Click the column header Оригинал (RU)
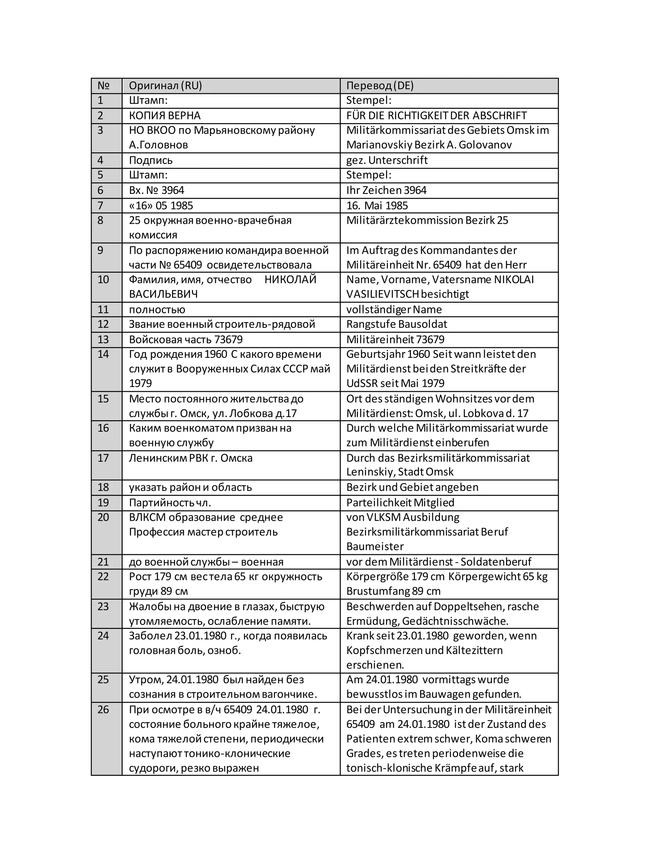165,86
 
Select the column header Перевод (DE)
380,86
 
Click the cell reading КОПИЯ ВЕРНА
165,116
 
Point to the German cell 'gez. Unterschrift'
387,160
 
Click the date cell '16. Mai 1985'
377,205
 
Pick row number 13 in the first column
103,339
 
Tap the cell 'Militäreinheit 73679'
395,339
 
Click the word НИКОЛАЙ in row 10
290,279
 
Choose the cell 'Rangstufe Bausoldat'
397,324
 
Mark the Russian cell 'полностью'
157,310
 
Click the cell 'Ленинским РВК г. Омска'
191,458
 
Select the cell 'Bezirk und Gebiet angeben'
412,487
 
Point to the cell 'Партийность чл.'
170,503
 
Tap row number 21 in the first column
103,562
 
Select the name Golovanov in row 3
485,145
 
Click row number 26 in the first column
103,709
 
